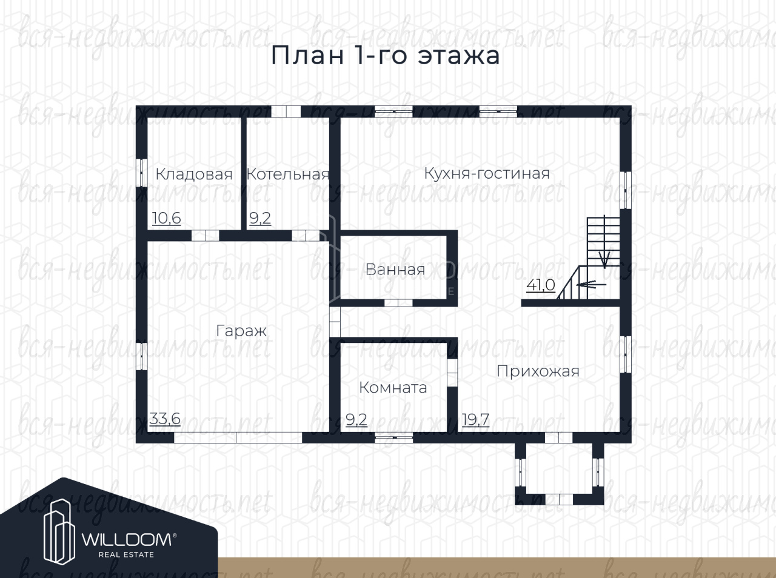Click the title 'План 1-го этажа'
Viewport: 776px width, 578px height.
(386, 56)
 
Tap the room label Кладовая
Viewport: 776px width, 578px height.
(194, 174)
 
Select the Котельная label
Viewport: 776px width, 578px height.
(288, 174)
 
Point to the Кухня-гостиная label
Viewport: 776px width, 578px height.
(487, 173)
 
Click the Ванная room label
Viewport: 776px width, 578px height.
(395, 270)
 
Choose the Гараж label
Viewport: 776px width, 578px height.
(241, 331)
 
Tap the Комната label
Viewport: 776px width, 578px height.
(393, 388)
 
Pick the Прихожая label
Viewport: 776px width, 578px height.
(538, 371)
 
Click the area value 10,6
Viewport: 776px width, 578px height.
(167, 218)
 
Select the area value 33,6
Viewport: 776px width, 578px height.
(165, 419)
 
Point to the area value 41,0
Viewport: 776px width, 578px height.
(541, 284)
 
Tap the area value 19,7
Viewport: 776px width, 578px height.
(475, 420)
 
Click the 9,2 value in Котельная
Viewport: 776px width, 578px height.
(260, 218)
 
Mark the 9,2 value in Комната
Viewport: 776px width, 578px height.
(356, 420)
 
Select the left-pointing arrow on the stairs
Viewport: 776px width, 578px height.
(591, 284)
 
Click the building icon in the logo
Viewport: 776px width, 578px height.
(59, 532)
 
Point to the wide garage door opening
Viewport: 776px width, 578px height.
(238, 437)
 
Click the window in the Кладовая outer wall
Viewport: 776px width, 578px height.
(142, 173)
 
